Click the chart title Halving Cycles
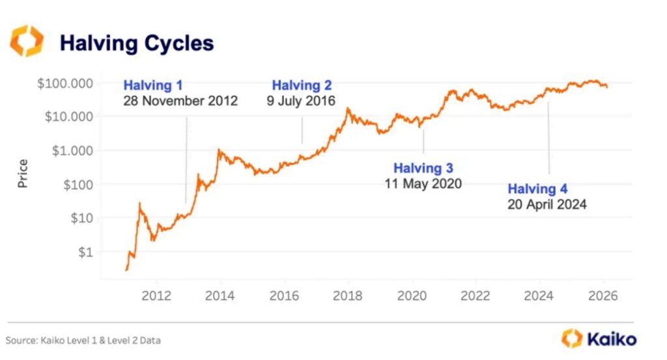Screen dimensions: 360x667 point(136,43)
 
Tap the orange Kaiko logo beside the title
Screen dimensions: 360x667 point(27,42)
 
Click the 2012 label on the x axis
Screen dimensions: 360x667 point(156,296)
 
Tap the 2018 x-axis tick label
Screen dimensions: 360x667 point(348,296)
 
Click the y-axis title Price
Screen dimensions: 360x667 point(23,174)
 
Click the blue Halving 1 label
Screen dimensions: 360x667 point(153,85)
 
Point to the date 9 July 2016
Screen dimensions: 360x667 point(301,101)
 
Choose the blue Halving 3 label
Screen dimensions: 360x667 point(423,168)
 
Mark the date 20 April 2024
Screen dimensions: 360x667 point(547,204)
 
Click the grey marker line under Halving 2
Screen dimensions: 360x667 point(302,127)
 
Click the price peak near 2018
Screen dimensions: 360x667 point(348,109)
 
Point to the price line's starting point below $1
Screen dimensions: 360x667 point(126,269)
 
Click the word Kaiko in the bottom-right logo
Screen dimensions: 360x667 point(612,339)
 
